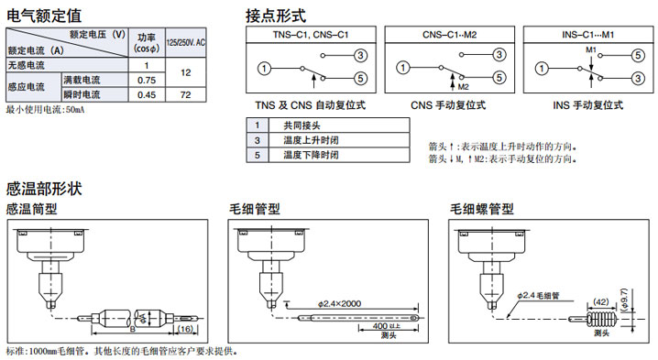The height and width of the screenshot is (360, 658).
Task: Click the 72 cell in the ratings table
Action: (185, 95)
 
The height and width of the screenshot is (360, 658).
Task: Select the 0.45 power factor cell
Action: (147, 95)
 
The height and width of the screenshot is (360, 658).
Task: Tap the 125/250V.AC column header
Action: (185, 42)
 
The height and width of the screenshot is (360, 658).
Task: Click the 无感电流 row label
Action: (26, 65)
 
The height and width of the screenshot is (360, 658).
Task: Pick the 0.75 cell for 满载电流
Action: (147, 80)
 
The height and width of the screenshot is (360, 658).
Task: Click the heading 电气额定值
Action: (44, 16)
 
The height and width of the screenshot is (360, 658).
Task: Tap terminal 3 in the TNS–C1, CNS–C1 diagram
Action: (360, 55)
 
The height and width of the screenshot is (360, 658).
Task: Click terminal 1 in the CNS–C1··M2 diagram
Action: (403, 68)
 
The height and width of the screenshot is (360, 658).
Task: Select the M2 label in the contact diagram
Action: (464, 87)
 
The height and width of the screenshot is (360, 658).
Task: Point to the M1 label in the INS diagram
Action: (591, 50)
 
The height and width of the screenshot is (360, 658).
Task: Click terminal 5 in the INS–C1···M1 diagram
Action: (638, 55)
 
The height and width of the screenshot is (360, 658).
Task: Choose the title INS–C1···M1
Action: (588, 35)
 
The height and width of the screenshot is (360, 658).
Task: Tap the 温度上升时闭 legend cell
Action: (311, 140)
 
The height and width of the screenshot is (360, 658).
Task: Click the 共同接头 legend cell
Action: (302, 125)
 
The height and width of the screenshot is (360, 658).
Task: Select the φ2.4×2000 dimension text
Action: (339, 303)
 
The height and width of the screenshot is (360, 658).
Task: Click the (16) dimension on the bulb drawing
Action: (185, 329)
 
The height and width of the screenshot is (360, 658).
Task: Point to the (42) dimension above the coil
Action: (600, 301)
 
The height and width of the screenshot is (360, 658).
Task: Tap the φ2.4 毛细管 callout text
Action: (538, 295)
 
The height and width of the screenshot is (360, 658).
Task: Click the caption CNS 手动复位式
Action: (448, 105)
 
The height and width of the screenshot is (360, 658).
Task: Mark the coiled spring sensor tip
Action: (603, 320)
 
